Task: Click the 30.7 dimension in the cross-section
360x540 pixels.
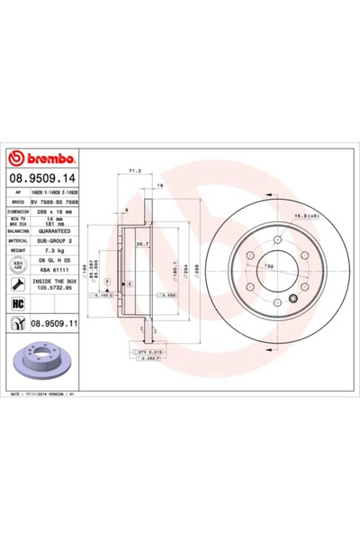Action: tap(142, 245)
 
